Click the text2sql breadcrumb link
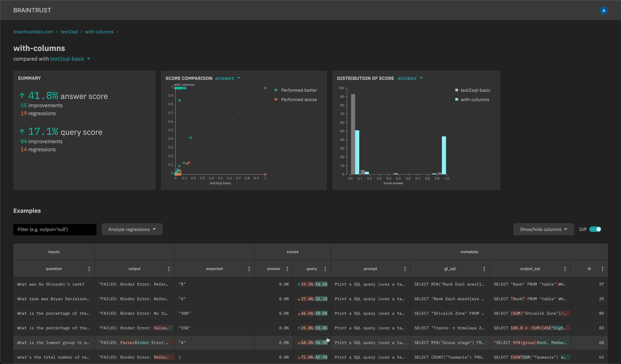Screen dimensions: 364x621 (69, 32)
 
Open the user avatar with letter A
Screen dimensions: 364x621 (604, 10)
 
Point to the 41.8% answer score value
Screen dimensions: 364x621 (43, 96)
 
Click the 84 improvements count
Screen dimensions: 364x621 (24, 141)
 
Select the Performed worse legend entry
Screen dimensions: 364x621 (299, 99)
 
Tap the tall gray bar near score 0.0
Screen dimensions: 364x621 (353, 134)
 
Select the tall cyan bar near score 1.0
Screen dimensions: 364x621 (444, 155)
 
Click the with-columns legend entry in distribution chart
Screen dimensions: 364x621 (474, 99)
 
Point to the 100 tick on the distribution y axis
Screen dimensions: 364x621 (341, 88)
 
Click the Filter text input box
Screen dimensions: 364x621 (55, 229)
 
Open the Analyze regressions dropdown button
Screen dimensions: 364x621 (132, 229)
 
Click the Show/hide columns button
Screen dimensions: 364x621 (543, 229)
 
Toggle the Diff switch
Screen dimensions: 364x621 (595, 229)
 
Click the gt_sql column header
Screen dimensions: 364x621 (450, 269)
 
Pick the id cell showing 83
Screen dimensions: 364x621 (601, 328)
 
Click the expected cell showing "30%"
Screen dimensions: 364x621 (184, 313)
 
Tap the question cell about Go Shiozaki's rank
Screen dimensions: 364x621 (51, 284)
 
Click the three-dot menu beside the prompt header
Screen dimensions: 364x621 (405, 269)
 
